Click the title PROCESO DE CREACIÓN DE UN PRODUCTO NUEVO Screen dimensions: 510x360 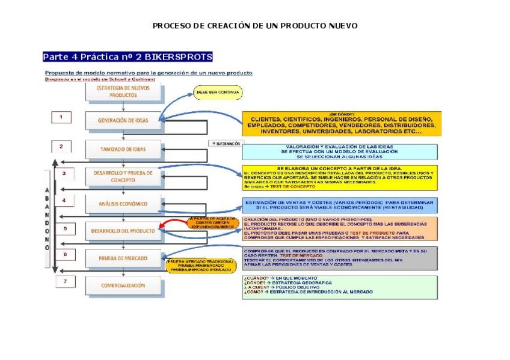point(255,26)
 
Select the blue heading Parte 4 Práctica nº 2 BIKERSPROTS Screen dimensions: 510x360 point(127,57)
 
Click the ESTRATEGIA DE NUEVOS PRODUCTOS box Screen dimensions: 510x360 point(123,91)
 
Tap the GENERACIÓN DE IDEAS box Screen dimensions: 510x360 point(123,120)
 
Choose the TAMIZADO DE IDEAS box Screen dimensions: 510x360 point(123,148)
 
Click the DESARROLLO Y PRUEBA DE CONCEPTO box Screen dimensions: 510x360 point(123,176)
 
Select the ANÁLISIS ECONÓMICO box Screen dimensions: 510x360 point(123,203)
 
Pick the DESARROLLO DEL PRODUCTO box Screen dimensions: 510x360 point(123,230)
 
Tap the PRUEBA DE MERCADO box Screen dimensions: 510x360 point(123,258)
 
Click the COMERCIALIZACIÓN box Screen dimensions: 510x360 point(123,285)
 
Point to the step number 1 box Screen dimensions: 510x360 point(61,117)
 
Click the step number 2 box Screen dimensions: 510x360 point(61,146)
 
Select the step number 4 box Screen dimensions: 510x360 point(64,200)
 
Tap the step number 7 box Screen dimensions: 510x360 point(65,281)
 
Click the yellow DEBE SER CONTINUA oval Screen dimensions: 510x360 point(218,93)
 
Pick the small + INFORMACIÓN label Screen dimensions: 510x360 point(226,144)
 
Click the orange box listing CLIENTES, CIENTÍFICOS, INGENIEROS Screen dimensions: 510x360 point(341,124)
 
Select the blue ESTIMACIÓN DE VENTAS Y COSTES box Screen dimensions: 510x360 point(340,206)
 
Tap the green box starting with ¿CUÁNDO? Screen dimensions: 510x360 point(340,286)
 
